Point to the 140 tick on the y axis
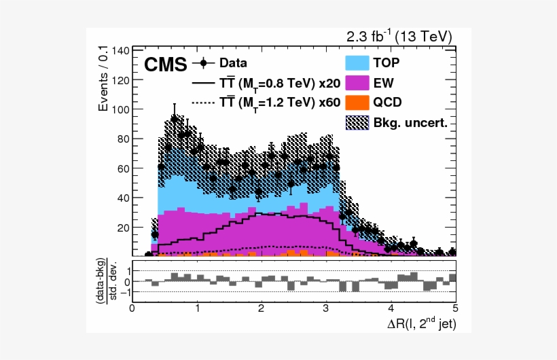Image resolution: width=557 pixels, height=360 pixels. pos(120,51)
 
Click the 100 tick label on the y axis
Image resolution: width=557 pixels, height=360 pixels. pos(120,109)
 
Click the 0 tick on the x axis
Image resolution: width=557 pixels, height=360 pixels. pos(132,306)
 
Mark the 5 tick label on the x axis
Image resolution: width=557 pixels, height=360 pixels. pos(455,306)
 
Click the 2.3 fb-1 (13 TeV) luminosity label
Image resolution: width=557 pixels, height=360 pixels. pos(399,36)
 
